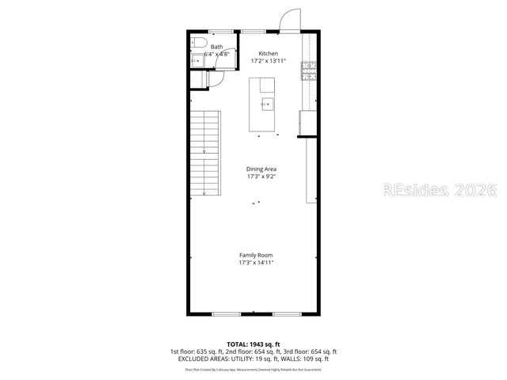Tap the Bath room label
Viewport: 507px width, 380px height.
point(216,47)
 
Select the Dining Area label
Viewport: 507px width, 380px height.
point(261,169)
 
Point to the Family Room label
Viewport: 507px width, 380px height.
point(257,254)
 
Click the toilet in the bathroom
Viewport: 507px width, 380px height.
point(198,42)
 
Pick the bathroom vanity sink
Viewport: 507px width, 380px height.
point(196,59)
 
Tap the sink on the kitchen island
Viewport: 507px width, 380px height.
point(267,102)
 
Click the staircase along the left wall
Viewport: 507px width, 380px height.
point(205,155)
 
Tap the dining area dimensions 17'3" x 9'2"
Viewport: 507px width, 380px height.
point(261,177)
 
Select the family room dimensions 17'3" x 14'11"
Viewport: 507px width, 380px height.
point(257,262)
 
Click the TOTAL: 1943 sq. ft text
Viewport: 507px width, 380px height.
point(253,344)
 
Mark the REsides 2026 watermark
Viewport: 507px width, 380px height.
point(440,191)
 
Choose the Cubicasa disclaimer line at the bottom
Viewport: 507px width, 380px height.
point(253,369)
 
